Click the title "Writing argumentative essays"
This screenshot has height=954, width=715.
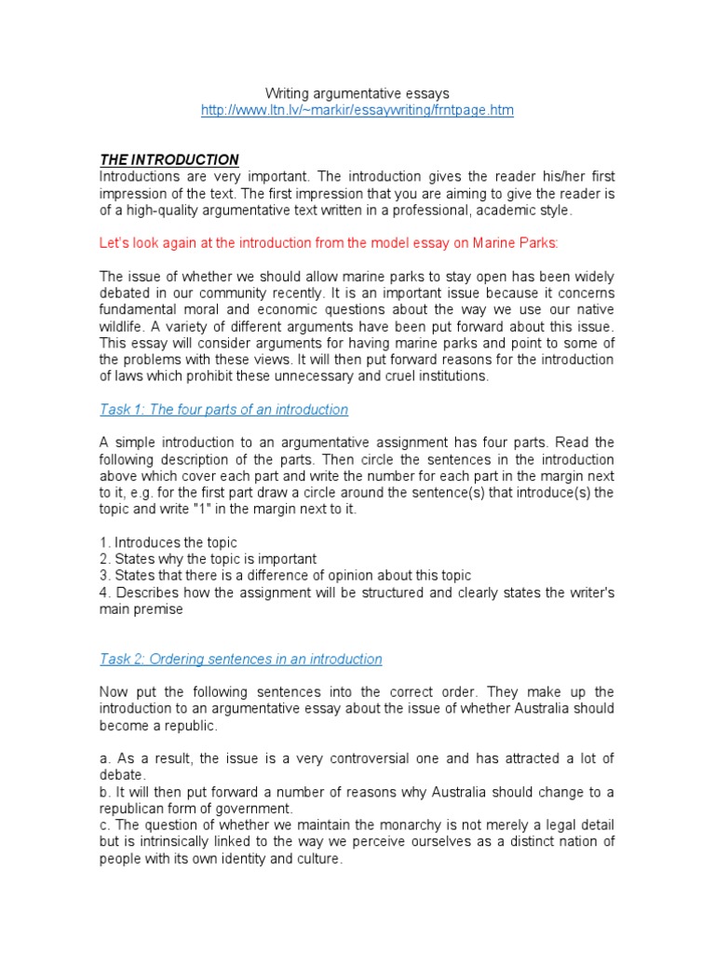click(357, 93)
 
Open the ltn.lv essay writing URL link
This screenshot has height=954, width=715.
click(357, 110)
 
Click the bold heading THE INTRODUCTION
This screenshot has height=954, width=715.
click(169, 160)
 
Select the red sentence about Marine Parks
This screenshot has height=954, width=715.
click(329, 244)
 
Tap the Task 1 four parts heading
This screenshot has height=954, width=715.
click(223, 409)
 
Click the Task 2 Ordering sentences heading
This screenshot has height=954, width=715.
click(240, 659)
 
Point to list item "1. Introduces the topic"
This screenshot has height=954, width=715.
click(169, 542)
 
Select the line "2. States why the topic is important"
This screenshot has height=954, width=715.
click(208, 559)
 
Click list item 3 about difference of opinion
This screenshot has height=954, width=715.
click(285, 576)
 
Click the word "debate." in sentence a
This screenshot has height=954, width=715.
click(122, 775)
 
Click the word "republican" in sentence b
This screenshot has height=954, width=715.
click(136, 809)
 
